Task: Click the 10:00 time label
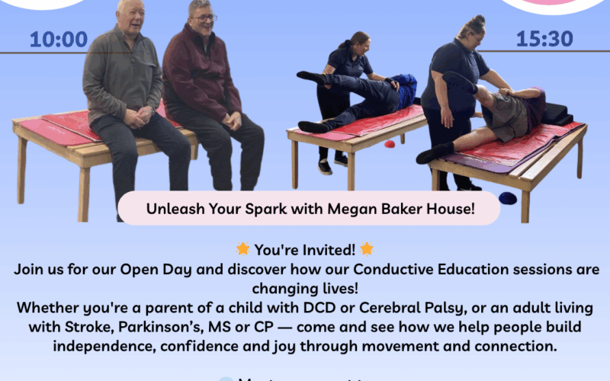(59, 40)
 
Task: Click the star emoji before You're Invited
(242, 249)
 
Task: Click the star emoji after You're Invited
(367, 249)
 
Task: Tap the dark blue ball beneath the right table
(507, 198)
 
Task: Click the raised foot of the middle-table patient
(303, 75)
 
